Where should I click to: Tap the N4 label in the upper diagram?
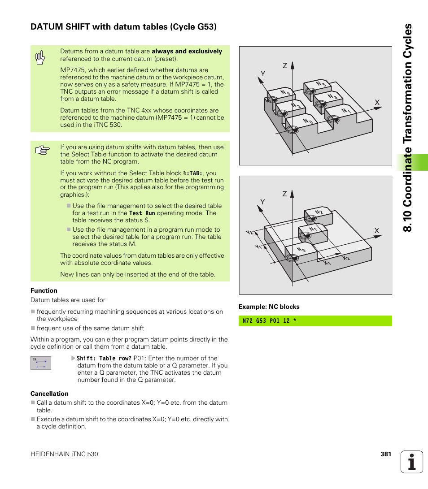(285, 93)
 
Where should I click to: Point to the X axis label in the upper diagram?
(377, 103)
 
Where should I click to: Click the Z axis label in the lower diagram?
(284, 194)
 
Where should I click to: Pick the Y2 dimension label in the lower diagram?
(249, 233)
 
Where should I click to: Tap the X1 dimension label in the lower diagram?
(328, 263)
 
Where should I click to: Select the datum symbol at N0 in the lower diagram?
(292, 258)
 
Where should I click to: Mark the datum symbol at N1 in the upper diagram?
(332, 119)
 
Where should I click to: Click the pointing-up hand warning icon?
(40, 58)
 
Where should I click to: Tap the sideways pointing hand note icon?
(42, 151)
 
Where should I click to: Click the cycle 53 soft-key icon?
(41, 363)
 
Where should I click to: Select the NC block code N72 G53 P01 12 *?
(269, 321)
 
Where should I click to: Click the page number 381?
(386, 454)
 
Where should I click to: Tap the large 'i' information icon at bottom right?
(412, 462)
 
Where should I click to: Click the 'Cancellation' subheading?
(49, 394)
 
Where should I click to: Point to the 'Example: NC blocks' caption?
(269, 307)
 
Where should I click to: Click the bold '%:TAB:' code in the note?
(193, 173)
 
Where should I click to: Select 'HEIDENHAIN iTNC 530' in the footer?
(64, 454)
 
